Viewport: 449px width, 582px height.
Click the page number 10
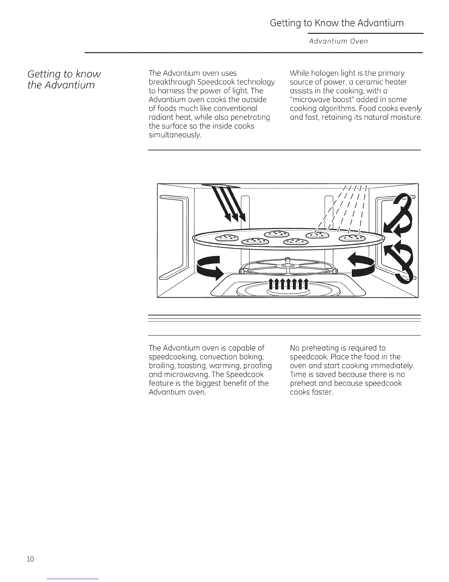[30, 559]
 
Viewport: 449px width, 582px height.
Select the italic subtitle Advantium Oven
[338, 41]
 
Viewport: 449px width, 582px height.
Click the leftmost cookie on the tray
[226, 238]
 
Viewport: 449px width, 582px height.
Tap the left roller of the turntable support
[243, 272]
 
